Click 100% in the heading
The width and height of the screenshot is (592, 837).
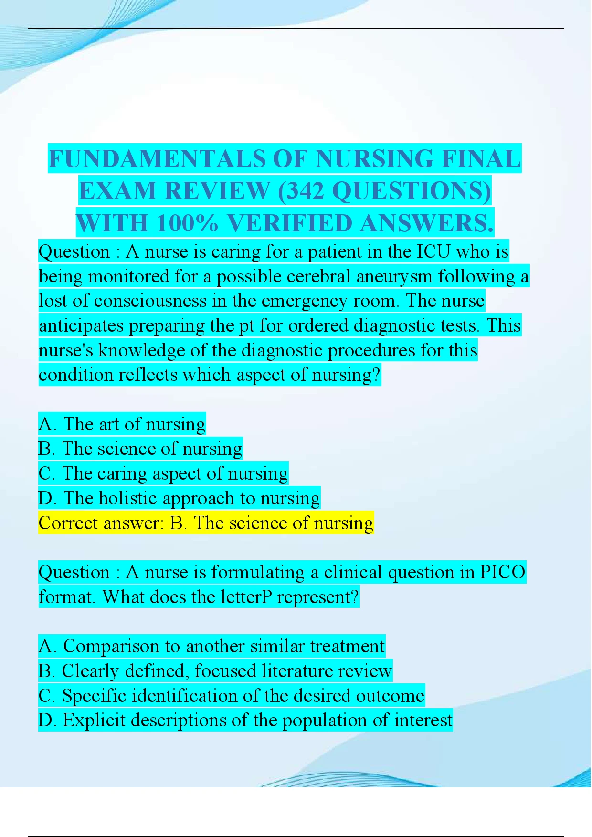coord(187,223)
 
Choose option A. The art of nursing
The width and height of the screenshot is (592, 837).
coord(122,424)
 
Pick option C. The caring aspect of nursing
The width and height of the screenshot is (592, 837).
coord(163,473)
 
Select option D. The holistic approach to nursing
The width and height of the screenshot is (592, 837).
coord(179,498)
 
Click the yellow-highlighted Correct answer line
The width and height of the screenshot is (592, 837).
coord(206,523)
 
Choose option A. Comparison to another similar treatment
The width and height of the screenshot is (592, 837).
coord(211,646)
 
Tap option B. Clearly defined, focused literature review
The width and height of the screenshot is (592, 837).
coord(215,671)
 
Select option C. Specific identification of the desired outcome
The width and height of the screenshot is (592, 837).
coord(231,696)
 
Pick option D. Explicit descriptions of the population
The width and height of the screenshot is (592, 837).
coord(245,720)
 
